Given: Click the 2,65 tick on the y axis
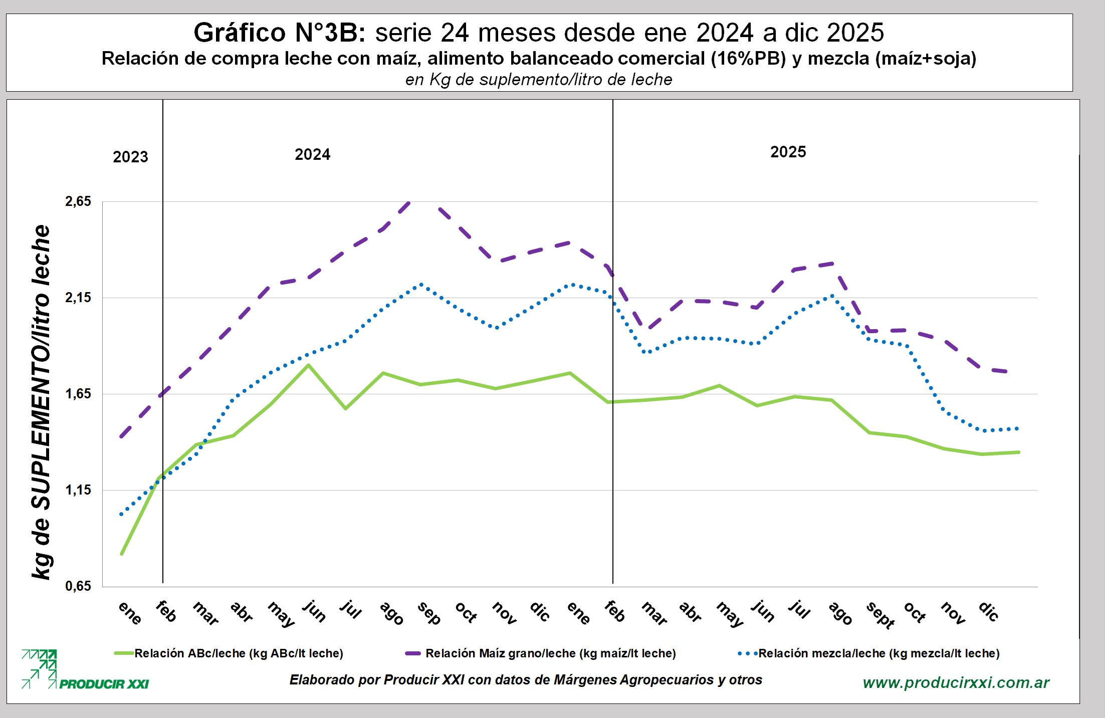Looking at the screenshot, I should pos(78,201).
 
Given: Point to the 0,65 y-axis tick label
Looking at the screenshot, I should pos(78,586).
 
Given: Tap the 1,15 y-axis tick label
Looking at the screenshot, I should pos(78,490).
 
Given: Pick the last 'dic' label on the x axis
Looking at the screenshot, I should pos(989,612).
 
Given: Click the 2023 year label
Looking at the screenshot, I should pos(130,157).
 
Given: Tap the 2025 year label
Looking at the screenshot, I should pos(788,152).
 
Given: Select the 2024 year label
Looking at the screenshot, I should pos(312,154).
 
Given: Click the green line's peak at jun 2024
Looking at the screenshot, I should pos(309,365).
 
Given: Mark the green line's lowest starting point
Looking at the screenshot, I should pos(122,554).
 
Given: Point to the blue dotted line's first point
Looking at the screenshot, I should pos(121,515).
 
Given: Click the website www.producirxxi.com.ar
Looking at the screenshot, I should pos(956,682).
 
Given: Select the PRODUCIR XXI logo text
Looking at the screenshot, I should pos(104,684).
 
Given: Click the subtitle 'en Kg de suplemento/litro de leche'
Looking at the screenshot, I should pos(539,80).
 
